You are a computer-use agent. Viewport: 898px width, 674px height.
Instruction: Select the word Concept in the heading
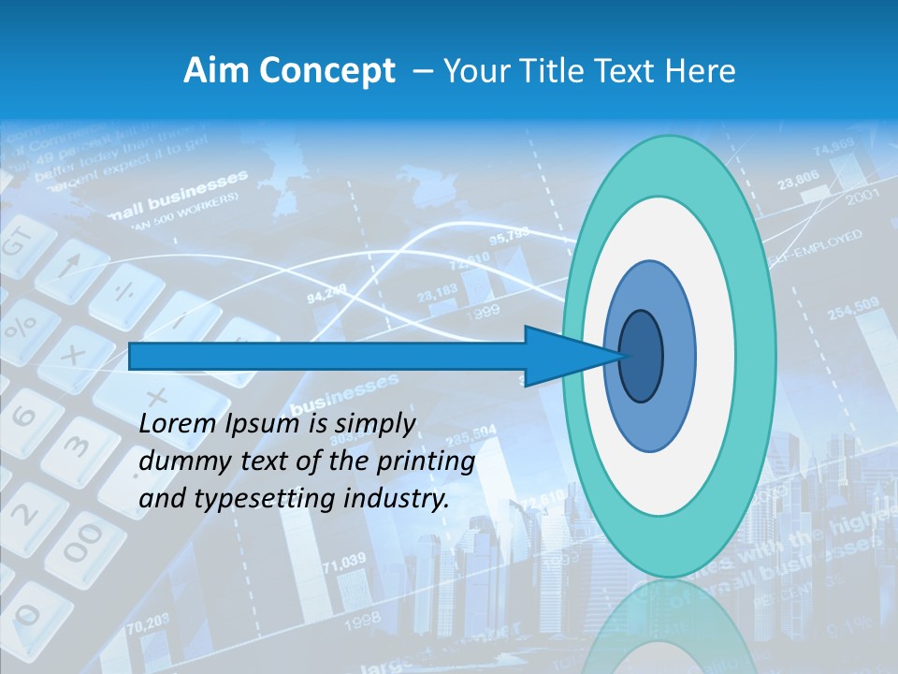point(327,71)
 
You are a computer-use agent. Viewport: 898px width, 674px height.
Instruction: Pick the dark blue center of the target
point(642,356)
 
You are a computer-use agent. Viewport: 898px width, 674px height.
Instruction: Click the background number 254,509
point(852,308)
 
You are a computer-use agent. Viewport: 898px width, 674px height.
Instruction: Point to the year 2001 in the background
point(862,198)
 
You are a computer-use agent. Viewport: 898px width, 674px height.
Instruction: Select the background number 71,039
point(343,562)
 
